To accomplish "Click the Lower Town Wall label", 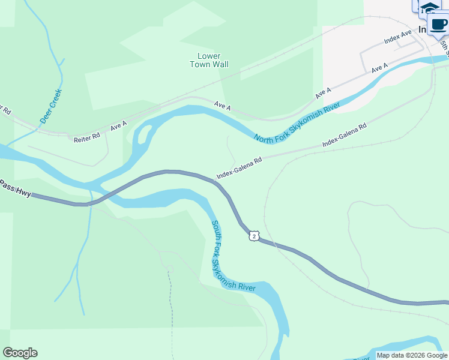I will (209, 60).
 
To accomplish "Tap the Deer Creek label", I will (51, 106).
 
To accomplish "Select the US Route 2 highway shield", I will (255, 236).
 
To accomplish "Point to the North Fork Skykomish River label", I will (297, 123).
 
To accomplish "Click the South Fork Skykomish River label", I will (233, 257).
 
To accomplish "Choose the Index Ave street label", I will (398, 37).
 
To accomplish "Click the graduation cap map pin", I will (429, 8).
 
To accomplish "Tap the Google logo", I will (20, 353).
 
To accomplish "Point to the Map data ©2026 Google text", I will (412, 355).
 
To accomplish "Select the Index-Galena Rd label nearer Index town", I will (344, 136).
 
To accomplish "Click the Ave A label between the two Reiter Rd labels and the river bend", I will (118, 125).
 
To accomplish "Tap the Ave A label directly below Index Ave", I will (379, 68).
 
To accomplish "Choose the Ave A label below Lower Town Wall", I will (222, 106).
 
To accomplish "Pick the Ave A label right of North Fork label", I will (324, 93).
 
